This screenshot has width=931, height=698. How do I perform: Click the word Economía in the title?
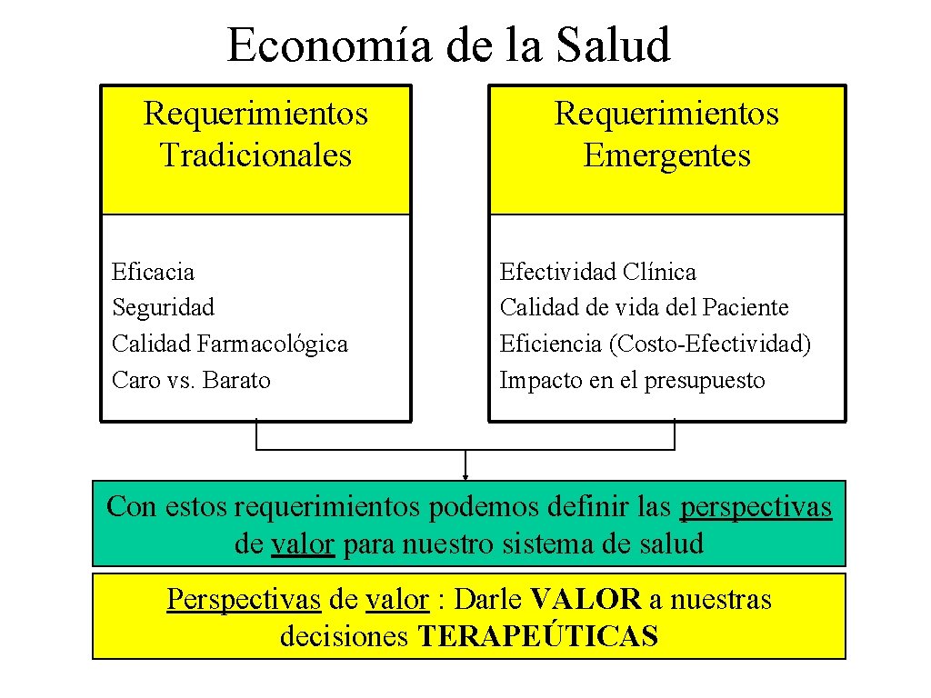point(329,45)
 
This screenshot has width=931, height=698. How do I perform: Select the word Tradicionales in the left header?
point(255,155)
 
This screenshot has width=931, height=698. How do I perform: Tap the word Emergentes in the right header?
point(666,155)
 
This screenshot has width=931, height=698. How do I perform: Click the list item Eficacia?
point(153,271)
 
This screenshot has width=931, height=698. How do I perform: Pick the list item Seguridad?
point(163,307)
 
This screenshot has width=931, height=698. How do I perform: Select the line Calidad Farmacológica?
point(229,344)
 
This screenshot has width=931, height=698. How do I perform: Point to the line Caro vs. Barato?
point(191,380)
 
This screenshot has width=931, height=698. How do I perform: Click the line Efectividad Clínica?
point(597,271)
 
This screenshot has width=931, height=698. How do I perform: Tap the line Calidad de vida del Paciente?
point(644,307)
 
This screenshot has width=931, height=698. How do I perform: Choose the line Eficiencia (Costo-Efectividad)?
point(655,344)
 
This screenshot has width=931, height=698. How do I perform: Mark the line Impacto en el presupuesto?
point(632,380)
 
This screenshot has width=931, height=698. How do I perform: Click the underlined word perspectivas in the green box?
point(756,506)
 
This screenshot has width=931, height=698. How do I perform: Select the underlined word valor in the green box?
point(304,544)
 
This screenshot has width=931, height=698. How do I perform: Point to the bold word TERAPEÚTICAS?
point(537,637)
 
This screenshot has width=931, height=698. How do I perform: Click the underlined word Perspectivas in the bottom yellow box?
point(244,600)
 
